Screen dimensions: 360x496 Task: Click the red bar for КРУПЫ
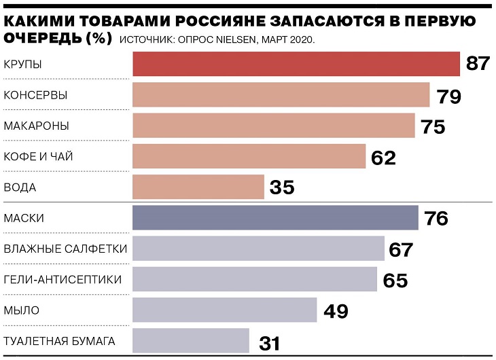[x=296, y=65]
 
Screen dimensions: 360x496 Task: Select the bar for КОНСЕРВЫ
[x=281, y=95]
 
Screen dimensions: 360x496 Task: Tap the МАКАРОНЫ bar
[x=273, y=126]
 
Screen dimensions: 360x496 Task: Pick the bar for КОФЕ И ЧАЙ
[x=249, y=156]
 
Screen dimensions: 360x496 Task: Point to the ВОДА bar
[x=198, y=187]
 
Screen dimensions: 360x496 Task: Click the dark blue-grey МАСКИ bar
[x=275, y=218]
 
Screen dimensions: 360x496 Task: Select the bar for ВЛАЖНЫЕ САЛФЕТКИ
[x=258, y=249]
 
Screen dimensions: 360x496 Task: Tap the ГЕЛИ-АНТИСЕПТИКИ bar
[x=254, y=279]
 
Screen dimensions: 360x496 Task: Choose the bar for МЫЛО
[x=224, y=310]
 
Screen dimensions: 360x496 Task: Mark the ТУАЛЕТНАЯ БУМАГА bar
[x=191, y=340]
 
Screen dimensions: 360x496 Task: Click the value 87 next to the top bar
[x=478, y=65]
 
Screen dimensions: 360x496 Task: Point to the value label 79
[x=449, y=96]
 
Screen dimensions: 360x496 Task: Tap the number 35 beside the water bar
[x=282, y=187]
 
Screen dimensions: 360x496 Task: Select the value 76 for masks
[x=437, y=219]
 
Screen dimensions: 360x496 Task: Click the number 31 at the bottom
[x=269, y=343]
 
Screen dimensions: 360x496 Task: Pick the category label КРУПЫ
[x=23, y=64]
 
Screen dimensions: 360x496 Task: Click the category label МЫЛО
[x=22, y=310]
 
